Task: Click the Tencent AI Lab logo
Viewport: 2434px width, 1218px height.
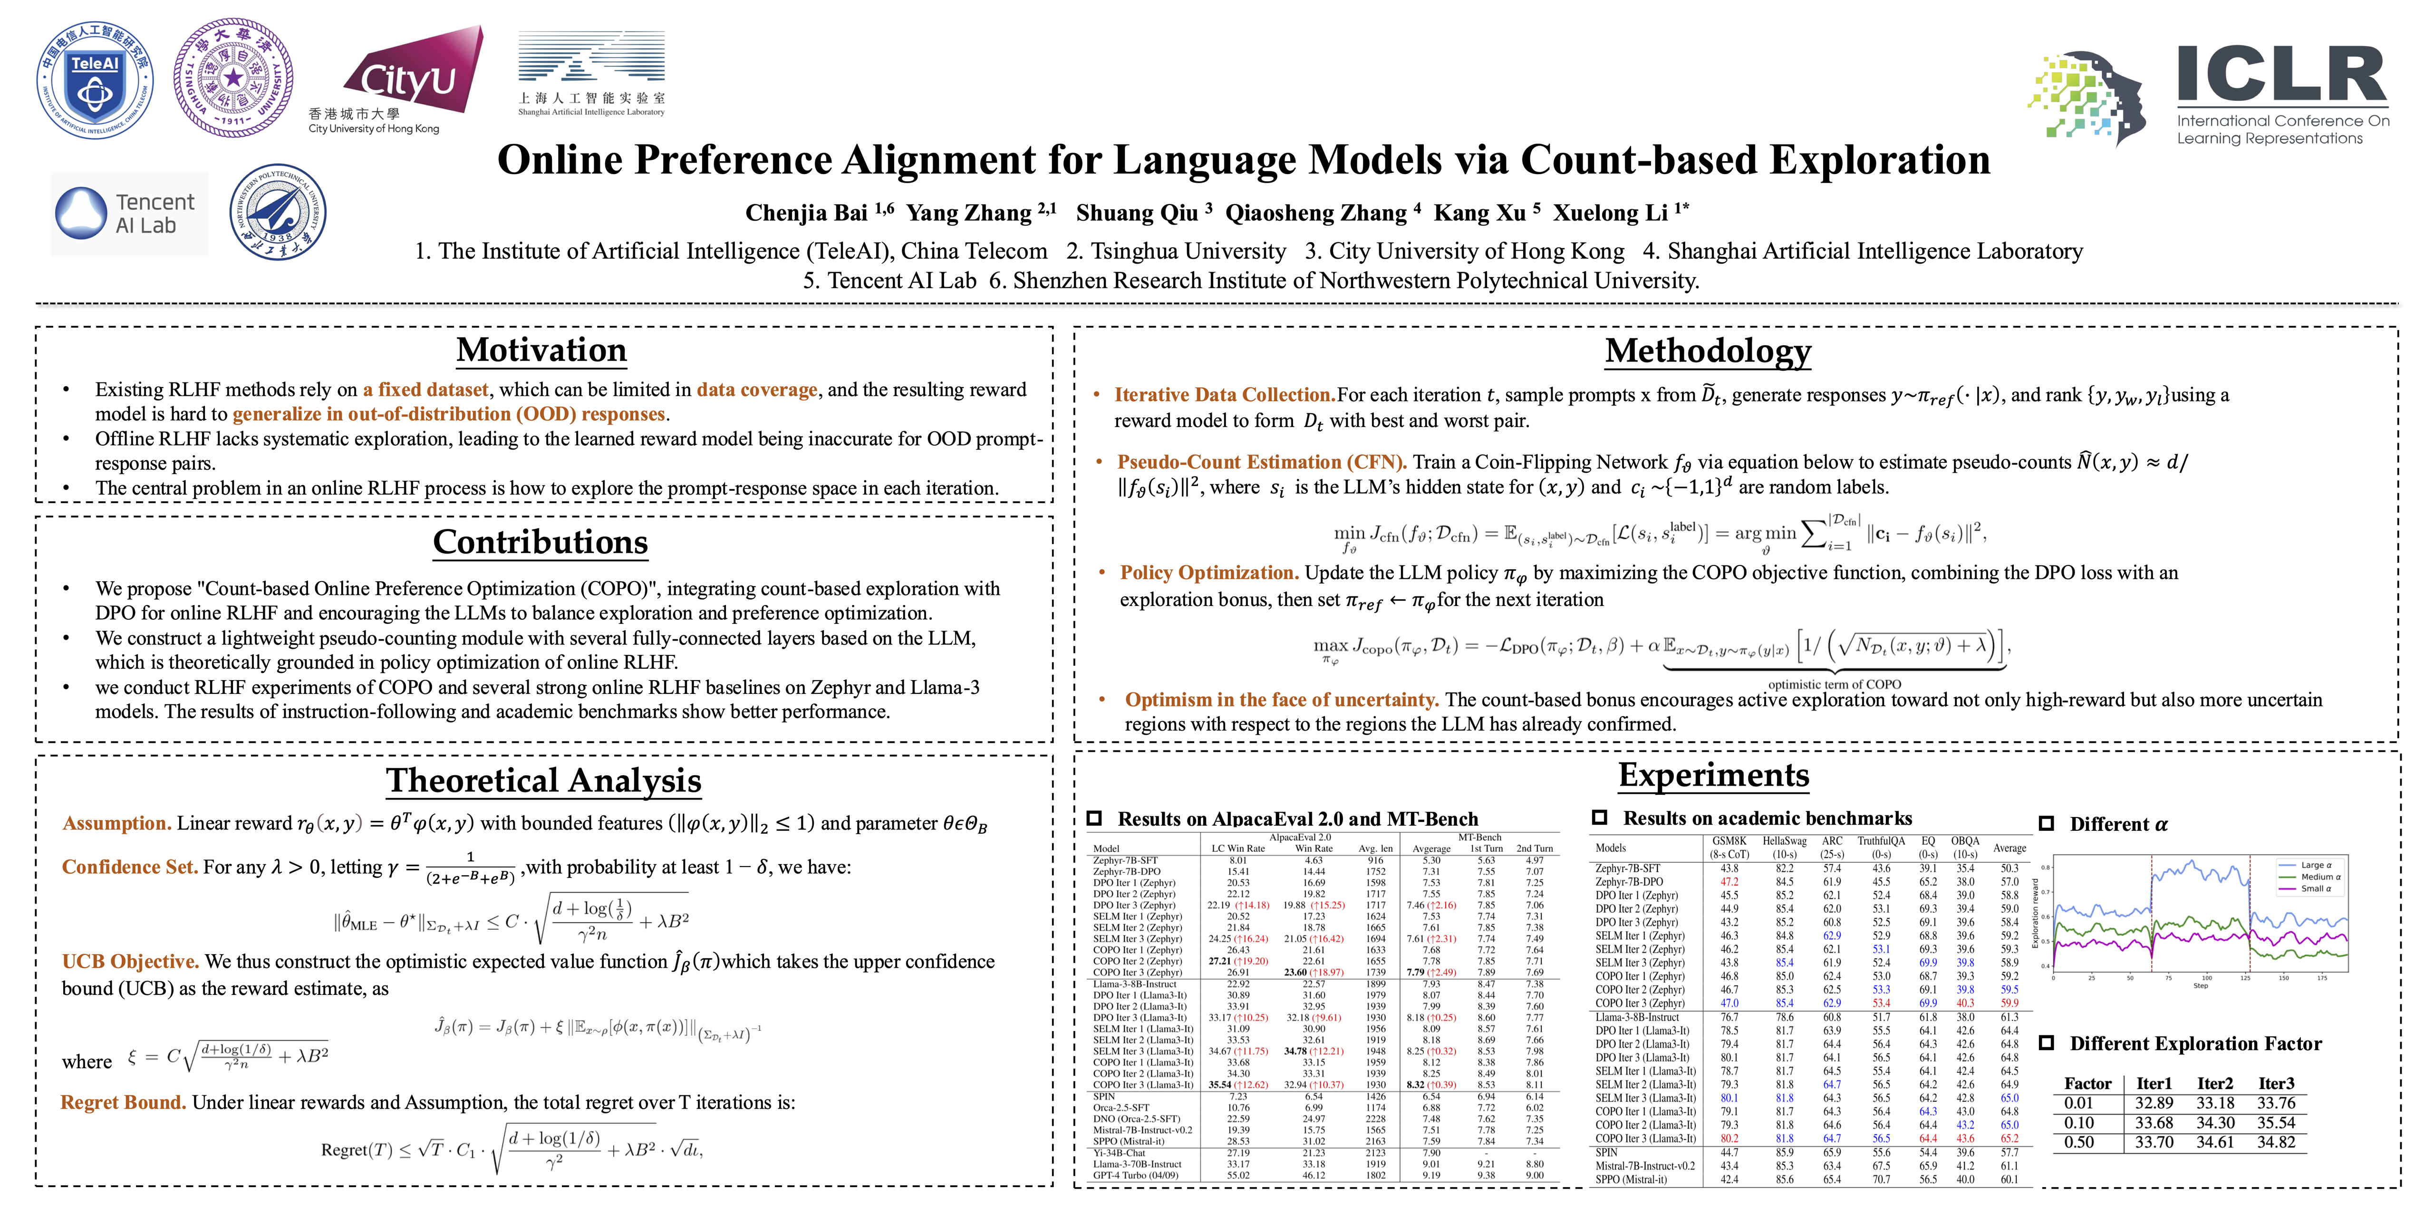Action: pyautogui.click(x=129, y=214)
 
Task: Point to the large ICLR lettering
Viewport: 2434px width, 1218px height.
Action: pyautogui.click(x=2281, y=76)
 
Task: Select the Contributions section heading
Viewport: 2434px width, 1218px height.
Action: pyautogui.click(x=541, y=542)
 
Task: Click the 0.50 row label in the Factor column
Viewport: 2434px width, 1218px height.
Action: pyautogui.click(x=2079, y=1142)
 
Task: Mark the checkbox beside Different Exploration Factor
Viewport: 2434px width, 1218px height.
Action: pyautogui.click(x=2047, y=1043)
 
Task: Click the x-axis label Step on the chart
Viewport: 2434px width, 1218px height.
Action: pyautogui.click(x=2201, y=985)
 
